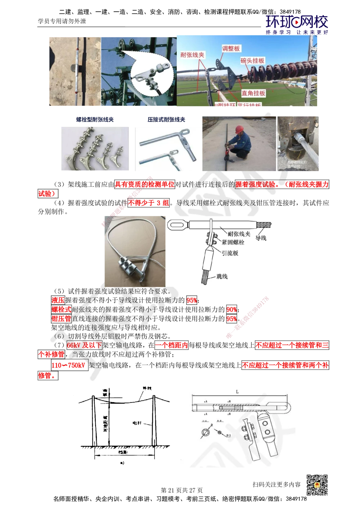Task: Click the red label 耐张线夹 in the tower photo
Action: (x=192, y=55)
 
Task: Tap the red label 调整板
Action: (x=231, y=48)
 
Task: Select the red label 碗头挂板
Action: (x=252, y=61)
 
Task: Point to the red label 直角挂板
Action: (x=253, y=93)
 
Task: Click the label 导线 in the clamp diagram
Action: (x=261, y=238)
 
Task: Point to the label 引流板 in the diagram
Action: (x=230, y=253)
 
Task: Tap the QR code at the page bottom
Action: (x=317, y=485)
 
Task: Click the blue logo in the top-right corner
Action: (x=297, y=24)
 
